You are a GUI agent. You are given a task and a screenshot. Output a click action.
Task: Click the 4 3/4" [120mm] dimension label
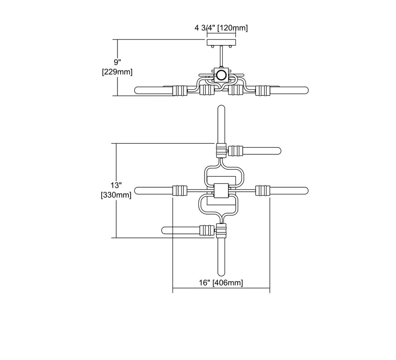coord(221,28)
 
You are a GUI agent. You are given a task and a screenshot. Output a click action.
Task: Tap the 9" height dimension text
coord(117,62)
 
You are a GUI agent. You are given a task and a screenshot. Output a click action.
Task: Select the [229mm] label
coord(117,72)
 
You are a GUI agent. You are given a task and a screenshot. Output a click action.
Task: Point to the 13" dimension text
coord(116,185)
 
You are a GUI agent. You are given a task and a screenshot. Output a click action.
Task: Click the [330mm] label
coord(116,195)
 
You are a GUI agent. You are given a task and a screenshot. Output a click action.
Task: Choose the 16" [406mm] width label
coord(221,283)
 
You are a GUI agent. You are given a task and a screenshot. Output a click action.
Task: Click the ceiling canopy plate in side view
coord(221,42)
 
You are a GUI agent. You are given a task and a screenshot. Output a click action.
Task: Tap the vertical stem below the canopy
coord(221,57)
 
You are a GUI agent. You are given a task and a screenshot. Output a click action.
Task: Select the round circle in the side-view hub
coord(221,75)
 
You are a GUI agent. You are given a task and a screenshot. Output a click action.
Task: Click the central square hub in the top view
coord(221,191)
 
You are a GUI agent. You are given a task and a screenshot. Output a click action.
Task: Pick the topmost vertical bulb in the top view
coord(221,124)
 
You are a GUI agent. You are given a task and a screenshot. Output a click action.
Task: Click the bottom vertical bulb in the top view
coord(221,257)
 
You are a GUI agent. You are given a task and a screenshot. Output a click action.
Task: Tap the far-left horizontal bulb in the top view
coord(154,191)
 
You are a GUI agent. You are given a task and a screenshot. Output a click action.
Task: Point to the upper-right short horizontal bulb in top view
coord(262,151)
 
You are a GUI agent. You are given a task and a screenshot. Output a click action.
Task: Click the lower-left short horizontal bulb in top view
coord(181,230)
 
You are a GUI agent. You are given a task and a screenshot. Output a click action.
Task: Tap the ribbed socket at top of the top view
coord(221,150)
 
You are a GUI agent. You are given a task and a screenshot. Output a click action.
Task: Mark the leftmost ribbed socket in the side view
coord(180,91)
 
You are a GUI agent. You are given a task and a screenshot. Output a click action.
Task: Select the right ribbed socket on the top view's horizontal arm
coord(263,191)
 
